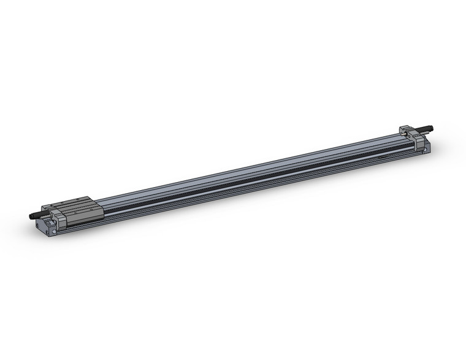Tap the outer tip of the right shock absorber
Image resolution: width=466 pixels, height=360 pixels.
pyautogui.click(x=432, y=129)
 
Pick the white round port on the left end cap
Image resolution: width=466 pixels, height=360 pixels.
pyautogui.click(x=54, y=232)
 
